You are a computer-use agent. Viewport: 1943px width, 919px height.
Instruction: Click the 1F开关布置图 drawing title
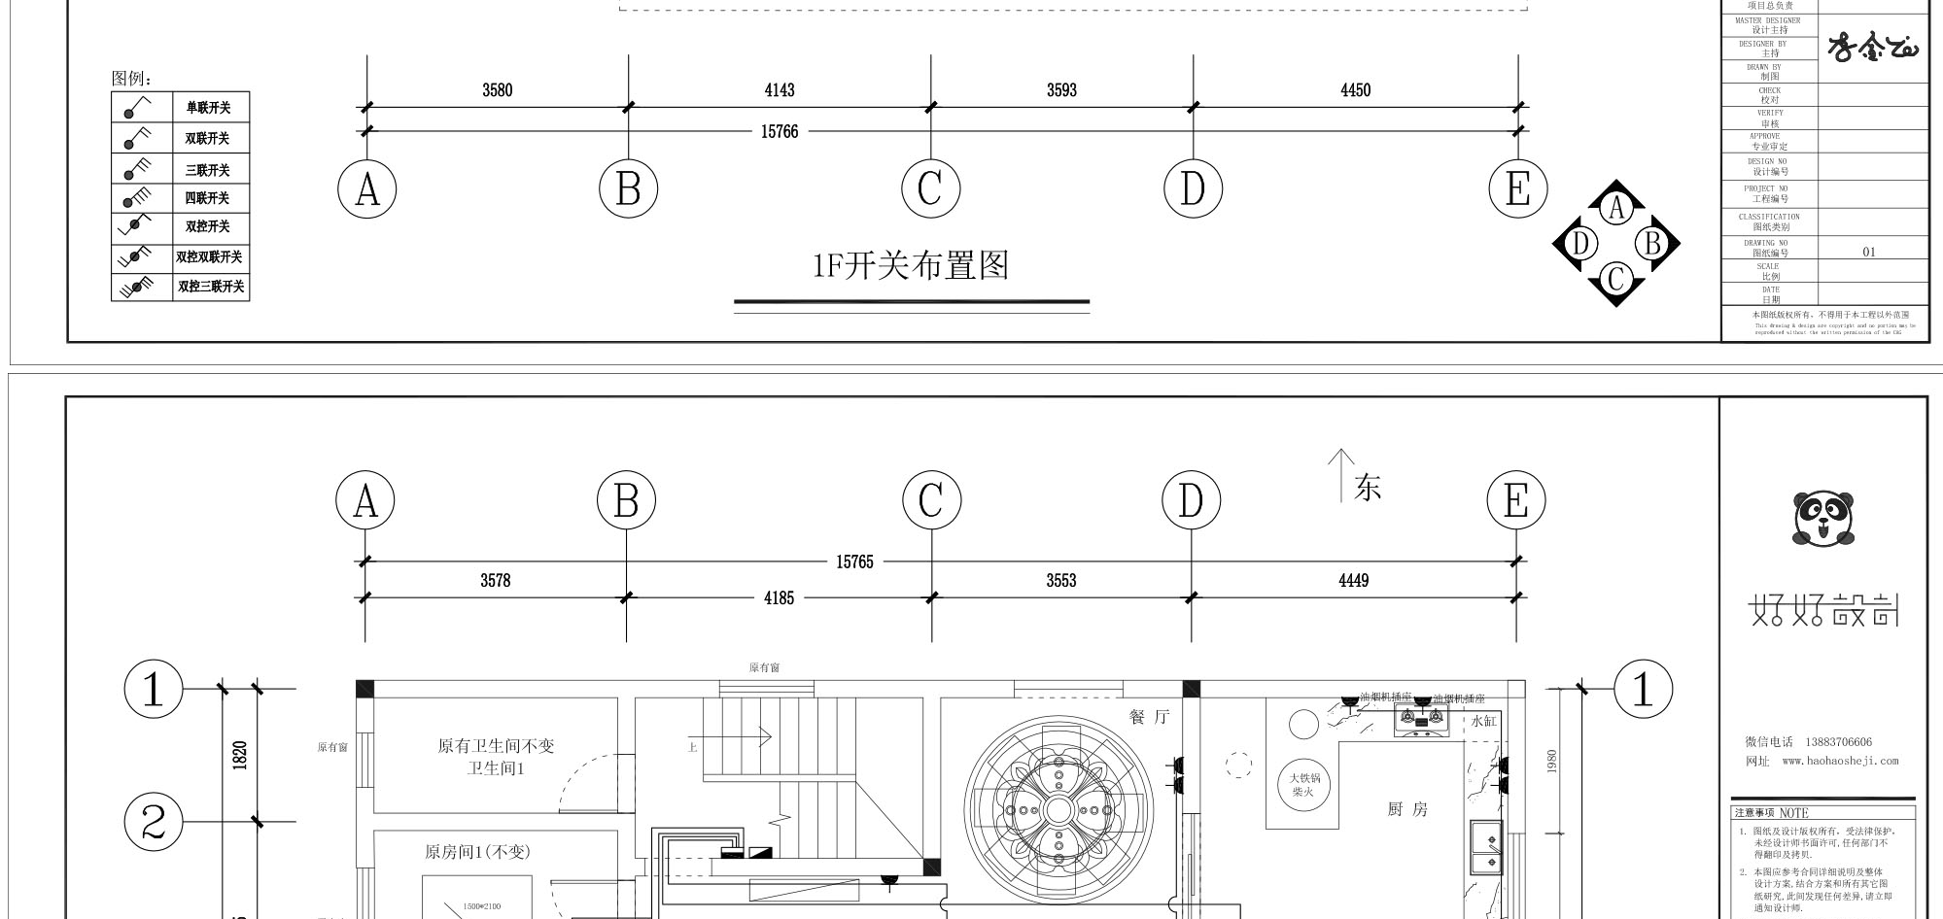(911, 265)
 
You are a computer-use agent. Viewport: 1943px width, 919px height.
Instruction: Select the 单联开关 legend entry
(208, 108)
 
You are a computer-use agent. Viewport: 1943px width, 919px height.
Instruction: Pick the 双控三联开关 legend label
(211, 287)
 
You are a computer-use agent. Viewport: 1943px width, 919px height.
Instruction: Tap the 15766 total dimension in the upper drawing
(779, 131)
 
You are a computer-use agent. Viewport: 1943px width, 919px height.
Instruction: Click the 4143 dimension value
(779, 90)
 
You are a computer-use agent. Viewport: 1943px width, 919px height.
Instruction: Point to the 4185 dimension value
(779, 598)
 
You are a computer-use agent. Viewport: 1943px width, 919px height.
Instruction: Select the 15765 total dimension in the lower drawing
(854, 562)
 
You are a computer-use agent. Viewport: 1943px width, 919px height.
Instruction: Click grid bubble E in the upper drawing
(1517, 188)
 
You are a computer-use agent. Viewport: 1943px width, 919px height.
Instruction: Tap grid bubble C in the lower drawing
(931, 501)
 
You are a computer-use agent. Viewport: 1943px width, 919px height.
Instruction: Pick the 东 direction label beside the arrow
(1368, 488)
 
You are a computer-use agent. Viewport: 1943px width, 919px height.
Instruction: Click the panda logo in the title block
(1822, 519)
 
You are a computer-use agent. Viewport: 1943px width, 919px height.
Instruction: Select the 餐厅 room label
(1149, 717)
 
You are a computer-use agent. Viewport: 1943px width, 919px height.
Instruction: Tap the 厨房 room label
(1406, 809)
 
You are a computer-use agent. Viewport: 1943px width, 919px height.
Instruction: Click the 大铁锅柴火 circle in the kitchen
(1303, 785)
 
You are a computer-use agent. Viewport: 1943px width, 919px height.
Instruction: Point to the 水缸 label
(1484, 721)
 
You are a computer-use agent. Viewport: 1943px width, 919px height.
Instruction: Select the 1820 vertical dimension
(240, 755)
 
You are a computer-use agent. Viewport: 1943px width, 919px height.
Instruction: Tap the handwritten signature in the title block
(1872, 47)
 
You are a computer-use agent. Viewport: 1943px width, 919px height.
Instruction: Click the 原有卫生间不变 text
(496, 746)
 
